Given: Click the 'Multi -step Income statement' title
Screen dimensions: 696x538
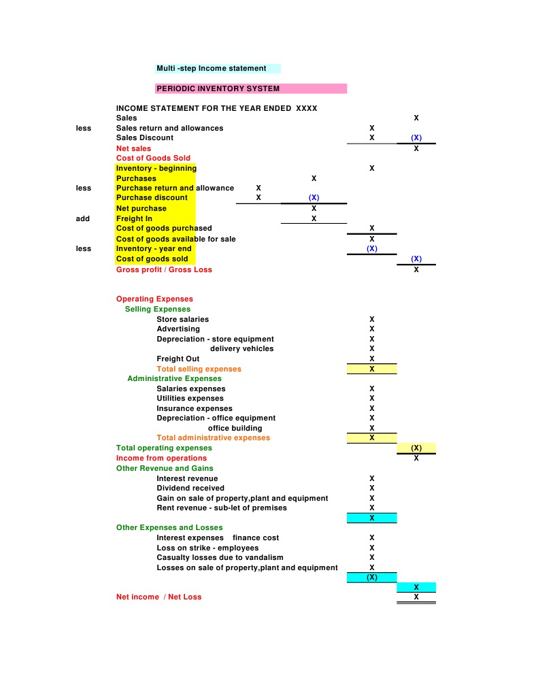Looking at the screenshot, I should [x=212, y=69].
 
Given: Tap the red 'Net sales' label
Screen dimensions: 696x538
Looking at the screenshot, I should [x=134, y=148].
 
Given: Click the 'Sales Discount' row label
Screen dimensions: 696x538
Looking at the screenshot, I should [x=145, y=138].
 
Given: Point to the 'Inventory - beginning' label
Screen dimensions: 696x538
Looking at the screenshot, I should [x=156, y=168].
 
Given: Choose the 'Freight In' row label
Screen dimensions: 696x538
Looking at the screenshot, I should [x=135, y=218].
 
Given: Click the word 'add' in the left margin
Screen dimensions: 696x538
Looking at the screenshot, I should [x=83, y=218].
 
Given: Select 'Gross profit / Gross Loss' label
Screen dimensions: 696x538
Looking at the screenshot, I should [x=164, y=269].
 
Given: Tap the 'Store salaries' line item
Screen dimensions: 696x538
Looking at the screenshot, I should [x=183, y=319].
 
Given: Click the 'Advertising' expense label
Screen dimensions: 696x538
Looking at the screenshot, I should [x=178, y=329].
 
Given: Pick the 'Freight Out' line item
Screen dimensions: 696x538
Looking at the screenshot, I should [x=178, y=359].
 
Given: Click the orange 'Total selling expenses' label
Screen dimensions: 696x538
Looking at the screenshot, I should [x=199, y=369].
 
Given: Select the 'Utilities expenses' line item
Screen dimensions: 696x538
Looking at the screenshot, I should [x=190, y=398].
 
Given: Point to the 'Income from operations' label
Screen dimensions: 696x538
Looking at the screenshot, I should [x=161, y=458].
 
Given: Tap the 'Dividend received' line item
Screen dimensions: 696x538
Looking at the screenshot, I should [x=190, y=488].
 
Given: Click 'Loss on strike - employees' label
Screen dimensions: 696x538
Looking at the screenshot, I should [x=207, y=548].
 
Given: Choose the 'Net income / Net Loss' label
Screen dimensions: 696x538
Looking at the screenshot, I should [x=158, y=597].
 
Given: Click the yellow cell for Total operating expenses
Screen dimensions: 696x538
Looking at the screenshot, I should [x=416, y=448].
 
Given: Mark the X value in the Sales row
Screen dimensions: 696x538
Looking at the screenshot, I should [x=416, y=118].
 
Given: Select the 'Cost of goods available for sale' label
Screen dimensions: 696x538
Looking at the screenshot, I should [x=176, y=239].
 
